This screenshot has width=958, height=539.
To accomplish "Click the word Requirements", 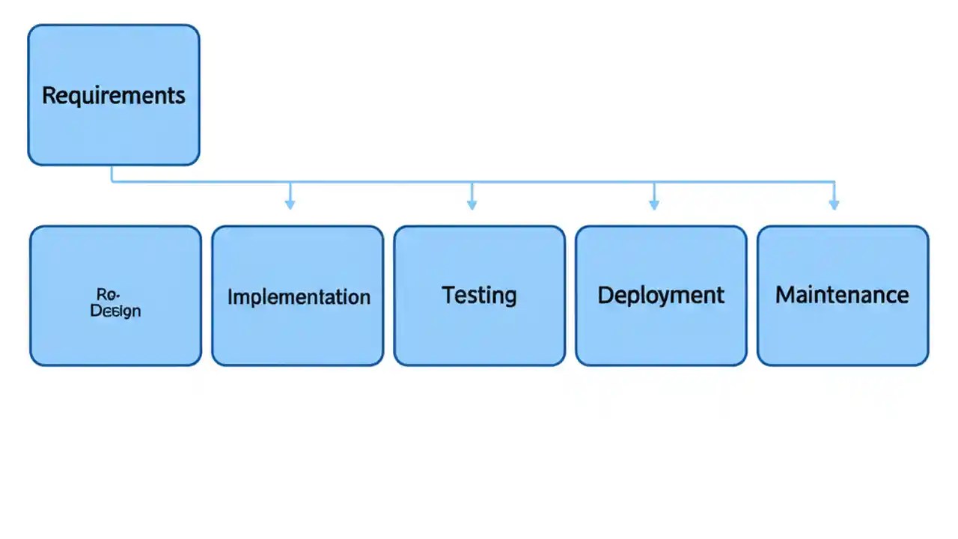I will [113, 96].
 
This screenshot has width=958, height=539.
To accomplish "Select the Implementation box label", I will [298, 296].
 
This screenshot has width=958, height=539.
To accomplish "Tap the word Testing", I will [479, 294].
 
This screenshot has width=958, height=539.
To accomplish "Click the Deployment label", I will [660, 295].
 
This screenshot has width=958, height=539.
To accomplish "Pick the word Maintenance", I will [842, 294].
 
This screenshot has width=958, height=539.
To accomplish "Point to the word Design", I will [115, 310].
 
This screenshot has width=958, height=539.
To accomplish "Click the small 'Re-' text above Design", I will [109, 294].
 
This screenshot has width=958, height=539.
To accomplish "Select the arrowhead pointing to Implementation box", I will [290, 204].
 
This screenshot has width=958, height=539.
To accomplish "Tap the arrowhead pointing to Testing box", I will [472, 204].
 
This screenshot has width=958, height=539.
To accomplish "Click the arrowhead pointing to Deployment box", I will [653, 204].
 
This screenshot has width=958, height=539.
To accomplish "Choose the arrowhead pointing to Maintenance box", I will [834, 204].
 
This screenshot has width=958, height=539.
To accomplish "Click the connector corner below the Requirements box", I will [113, 180].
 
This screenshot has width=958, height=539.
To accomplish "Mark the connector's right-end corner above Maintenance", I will [834, 182].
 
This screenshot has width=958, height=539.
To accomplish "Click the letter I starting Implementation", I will [230, 296].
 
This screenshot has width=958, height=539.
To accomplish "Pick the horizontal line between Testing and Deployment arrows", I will [561, 181].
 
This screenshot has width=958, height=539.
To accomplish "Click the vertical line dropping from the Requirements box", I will [112, 173].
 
